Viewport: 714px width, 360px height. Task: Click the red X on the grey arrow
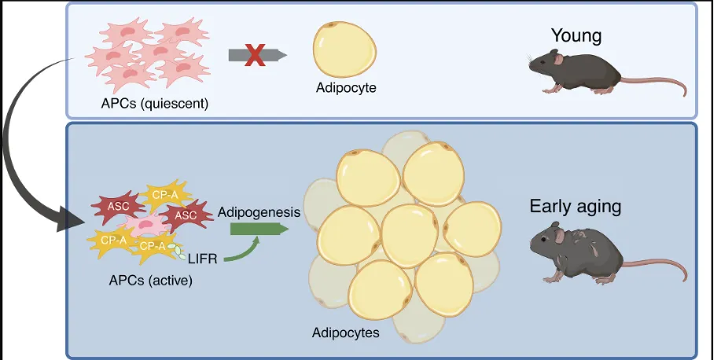point(253,55)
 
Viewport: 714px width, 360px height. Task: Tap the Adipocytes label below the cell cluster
point(345,332)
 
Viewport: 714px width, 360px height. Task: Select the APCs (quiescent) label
point(154,102)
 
